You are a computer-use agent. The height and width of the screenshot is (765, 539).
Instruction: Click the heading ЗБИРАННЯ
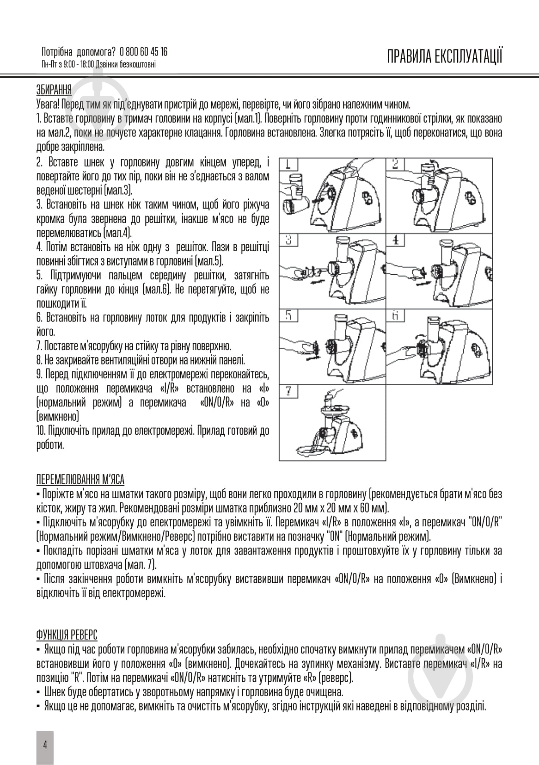coord(54,89)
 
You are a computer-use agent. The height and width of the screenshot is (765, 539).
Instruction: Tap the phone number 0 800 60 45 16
coord(143,52)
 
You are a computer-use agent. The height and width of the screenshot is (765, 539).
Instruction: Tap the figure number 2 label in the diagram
coord(396,164)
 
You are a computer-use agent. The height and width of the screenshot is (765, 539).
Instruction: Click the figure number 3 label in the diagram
coord(288,241)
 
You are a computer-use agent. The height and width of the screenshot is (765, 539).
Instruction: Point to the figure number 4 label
coord(396,241)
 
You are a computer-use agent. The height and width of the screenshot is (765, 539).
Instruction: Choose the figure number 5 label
coord(288,316)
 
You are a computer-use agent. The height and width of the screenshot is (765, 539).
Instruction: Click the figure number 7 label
coord(288,391)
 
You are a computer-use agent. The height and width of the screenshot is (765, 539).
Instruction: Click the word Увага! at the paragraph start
coord(47,104)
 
